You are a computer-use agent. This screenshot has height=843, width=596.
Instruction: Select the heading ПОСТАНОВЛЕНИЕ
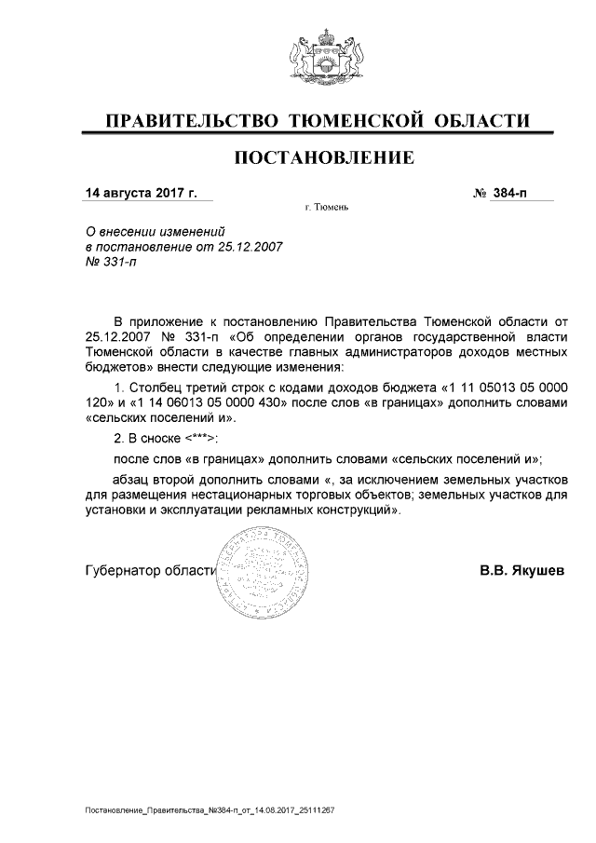(325, 158)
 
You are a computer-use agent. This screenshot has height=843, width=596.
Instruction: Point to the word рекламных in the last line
(279, 510)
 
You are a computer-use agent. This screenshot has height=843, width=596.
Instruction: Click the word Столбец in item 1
(151, 386)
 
